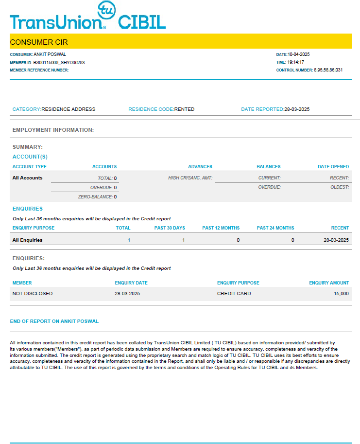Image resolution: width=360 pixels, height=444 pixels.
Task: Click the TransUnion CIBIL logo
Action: pyautogui.click(x=87, y=18)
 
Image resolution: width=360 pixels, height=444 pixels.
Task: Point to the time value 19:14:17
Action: pyautogui.click(x=296, y=62)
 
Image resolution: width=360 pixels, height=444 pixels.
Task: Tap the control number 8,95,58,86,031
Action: pyautogui.click(x=328, y=70)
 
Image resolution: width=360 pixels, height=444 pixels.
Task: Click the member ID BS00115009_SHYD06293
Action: pyautogui.click(x=59, y=62)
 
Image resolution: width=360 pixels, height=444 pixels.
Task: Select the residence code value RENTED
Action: pyautogui.click(x=184, y=109)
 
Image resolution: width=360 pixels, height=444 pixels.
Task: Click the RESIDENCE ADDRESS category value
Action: pyautogui.click(x=69, y=109)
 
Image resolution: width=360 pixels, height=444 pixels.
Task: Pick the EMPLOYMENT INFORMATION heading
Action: pyautogui.click(x=53, y=130)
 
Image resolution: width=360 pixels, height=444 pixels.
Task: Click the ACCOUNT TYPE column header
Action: pyautogui.click(x=30, y=167)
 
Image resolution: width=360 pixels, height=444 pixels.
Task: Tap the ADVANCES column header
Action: pyautogui.click(x=200, y=167)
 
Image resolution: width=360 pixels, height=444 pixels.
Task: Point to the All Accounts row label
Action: pyautogui.click(x=28, y=178)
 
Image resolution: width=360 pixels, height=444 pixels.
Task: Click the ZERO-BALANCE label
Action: pyautogui.click(x=95, y=197)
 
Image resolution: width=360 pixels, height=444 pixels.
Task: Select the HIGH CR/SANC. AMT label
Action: pyautogui.click(x=190, y=178)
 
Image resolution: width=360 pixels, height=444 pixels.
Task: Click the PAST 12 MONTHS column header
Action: pyautogui.click(x=221, y=228)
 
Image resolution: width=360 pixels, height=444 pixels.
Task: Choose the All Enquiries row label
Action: pyautogui.click(x=28, y=240)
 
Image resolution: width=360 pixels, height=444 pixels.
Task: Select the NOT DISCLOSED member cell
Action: pyautogui.click(x=33, y=294)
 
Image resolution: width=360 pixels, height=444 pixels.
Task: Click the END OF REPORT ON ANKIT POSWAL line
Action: pyautogui.click(x=54, y=321)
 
